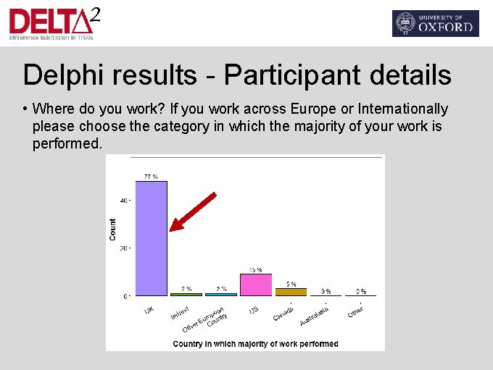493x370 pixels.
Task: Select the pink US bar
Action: pyautogui.click(x=256, y=285)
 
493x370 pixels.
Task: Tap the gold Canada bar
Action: pyautogui.click(x=291, y=292)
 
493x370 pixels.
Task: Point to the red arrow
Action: pyautogui.click(x=192, y=212)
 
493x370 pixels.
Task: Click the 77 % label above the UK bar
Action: pyautogui.click(x=151, y=177)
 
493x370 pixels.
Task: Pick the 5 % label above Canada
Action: pyautogui.click(x=291, y=284)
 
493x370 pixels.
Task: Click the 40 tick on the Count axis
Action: pyautogui.click(x=124, y=201)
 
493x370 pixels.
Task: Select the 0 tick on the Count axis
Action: pyautogui.click(x=125, y=296)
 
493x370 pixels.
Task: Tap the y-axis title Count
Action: pyautogui.click(x=113, y=230)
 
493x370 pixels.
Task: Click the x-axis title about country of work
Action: pyautogui.click(x=255, y=344)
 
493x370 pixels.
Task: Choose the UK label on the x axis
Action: pyautogui.click(x=149, y=310)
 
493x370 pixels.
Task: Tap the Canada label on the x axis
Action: pyautogui.click(x=283, y=313)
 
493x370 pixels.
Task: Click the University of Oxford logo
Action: pyautogui.click(x=435, y=23)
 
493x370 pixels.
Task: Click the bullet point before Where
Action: pyautogui.click(x=25, y=109)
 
